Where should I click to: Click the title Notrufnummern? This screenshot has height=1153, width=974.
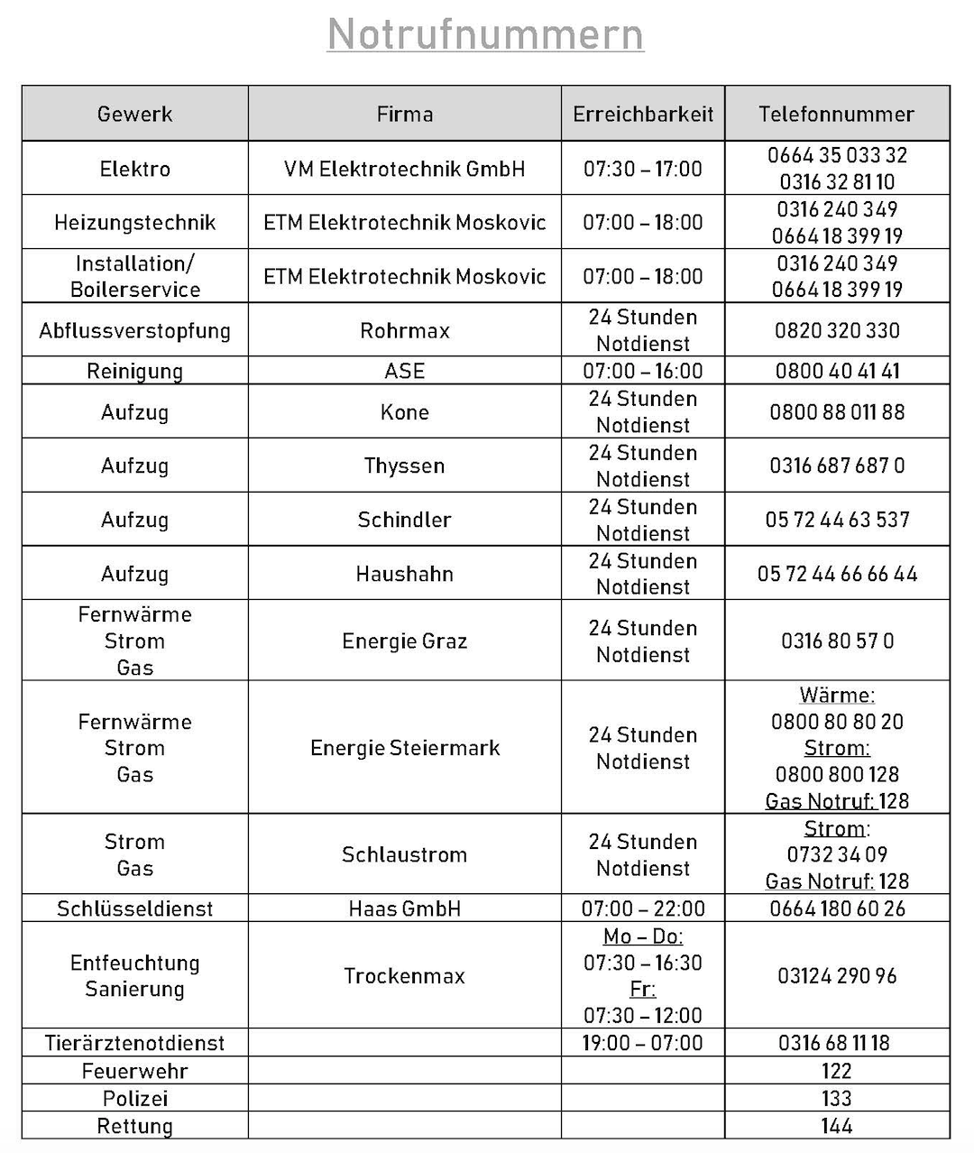click(x=485, y=34)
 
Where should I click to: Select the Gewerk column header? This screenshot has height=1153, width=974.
click(x=134, y=114)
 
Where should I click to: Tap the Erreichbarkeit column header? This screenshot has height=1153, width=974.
click(x=643, y=114)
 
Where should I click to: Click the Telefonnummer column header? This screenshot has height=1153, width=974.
click(x=836, y=114)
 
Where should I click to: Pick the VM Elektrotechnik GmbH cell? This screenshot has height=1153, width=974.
click(x=404, y=169)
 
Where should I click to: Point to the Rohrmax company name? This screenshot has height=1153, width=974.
click(x=404, y=330)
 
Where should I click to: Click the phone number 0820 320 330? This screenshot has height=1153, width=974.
click(x=837, y=330)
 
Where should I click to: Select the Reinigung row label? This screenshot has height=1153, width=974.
click(x=134, y=371)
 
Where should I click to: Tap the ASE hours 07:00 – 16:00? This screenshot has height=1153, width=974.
click(x=643, y=371)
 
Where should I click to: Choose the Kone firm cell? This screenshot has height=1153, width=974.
click(x=404, y=412)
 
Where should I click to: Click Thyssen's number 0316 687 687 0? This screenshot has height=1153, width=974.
click(x=837, y=466)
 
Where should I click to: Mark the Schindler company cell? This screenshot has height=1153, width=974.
click(x=404, y=520)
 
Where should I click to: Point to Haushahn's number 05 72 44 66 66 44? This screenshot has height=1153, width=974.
click(x=837, y=574)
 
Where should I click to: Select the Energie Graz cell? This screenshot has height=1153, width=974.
click(x=404, y=641)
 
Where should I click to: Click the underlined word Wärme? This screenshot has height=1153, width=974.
click(x=837, y=696)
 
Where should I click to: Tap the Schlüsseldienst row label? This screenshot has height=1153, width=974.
click(x=134, y=909)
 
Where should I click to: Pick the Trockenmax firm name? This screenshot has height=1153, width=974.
click(x=404, y=975)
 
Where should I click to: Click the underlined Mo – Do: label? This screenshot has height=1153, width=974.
click(x=643, y=936)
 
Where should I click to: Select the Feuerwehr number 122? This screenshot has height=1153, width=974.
click(x=836, y=1071)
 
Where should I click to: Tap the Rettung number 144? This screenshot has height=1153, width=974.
click(x=836, y=1126)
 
